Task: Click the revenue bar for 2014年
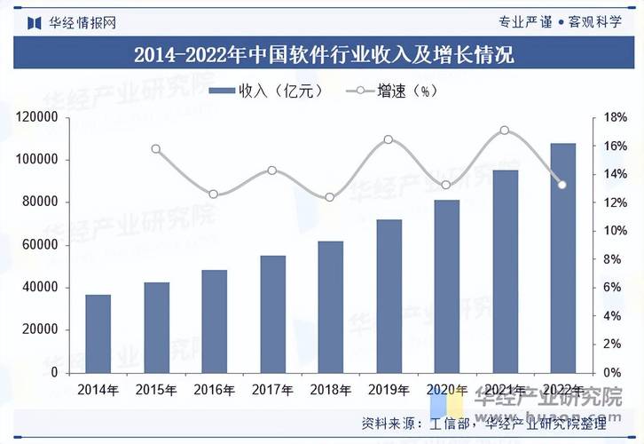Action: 98,333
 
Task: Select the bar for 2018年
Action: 331,306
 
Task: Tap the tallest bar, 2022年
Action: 562,258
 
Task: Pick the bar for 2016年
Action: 215,321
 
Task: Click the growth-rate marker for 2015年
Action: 156,149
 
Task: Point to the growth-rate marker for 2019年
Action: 389,139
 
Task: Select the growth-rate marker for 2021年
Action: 505,131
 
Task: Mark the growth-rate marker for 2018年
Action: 330,197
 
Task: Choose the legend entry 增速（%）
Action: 396,91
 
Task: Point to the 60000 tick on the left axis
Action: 40,245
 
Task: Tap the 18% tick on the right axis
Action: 616,117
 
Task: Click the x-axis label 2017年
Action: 272,390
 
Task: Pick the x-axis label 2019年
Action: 389,390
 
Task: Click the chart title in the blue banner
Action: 323,55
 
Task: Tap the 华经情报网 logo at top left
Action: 71,21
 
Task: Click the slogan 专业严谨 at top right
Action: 525,21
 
